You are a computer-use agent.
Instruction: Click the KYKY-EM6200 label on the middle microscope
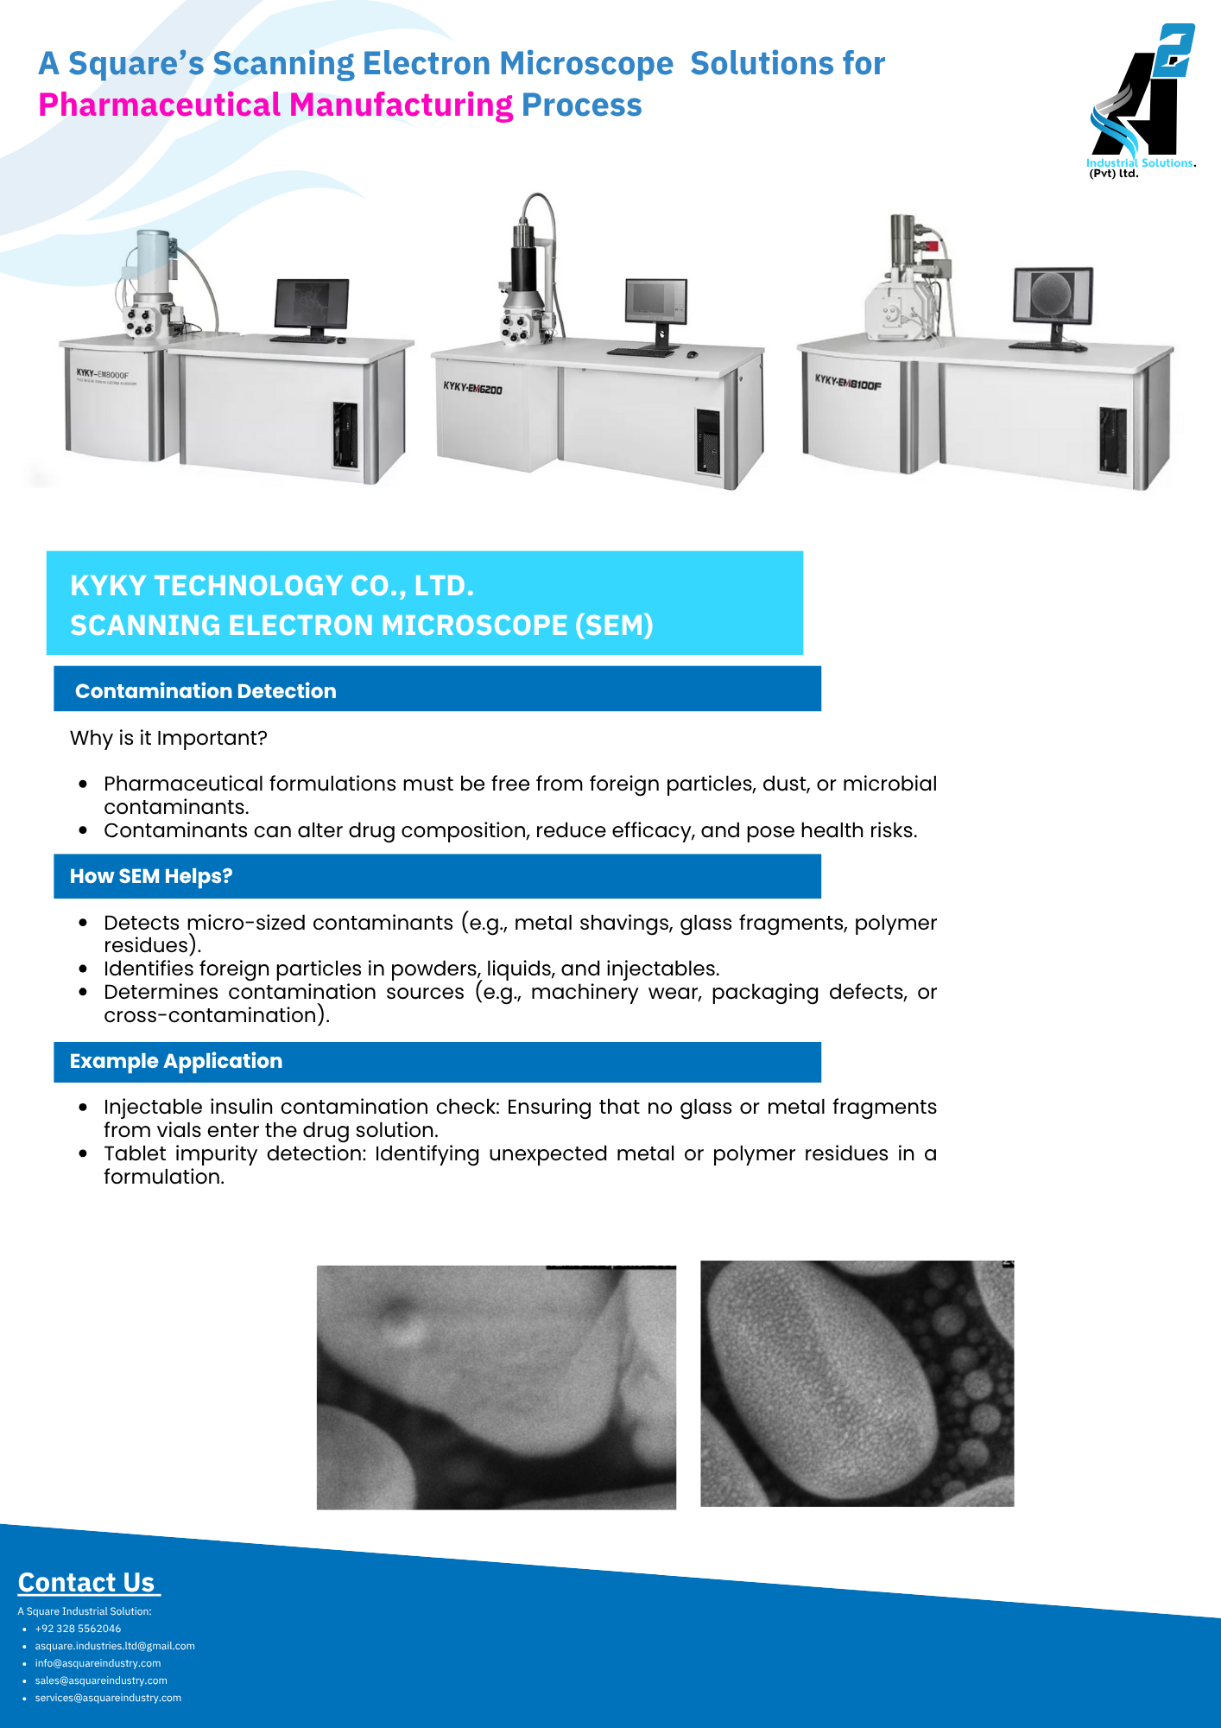coord(472,388)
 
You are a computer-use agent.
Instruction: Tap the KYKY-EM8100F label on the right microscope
coord(848,382)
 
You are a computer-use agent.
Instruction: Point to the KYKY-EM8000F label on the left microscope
coord(102,375)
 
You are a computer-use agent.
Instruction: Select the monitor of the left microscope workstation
coord(312,308)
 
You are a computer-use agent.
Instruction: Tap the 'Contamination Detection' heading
coord(206,691)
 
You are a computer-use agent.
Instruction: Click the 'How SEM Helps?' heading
coord(151,876)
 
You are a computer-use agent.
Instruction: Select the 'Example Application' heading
coord(176,1061)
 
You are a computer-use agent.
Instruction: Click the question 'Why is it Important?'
coord(168,738)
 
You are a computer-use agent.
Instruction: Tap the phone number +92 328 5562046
coord(78,1629)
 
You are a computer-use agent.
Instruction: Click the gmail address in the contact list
coord(115,1646)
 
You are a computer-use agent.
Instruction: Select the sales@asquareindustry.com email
coord(101,1680)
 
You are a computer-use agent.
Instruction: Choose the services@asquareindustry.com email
coord(108,1698)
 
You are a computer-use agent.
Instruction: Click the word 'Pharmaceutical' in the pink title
coord(160,105)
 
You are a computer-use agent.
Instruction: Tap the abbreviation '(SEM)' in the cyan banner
coord(614,625)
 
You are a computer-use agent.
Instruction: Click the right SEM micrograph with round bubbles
coord(857,1383)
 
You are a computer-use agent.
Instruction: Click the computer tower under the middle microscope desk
coord(708,441)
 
